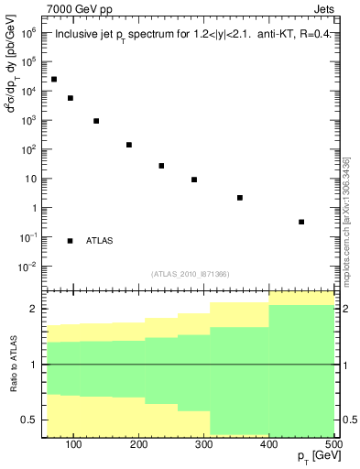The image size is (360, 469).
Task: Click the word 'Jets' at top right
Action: click(x=323, y=9)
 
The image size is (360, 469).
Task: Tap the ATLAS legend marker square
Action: click(x=70, y=241)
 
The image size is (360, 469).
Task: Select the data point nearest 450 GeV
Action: click(x=301, y=222)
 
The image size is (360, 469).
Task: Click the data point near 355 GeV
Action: click(x=240, y=198)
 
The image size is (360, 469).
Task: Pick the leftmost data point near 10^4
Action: click(x=54, y=80)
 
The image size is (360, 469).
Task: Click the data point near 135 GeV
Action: click(x=96, y=121)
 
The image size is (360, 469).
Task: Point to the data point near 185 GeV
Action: click(x=129, y=145)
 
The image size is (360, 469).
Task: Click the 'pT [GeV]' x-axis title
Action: click(x=312, y=459)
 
